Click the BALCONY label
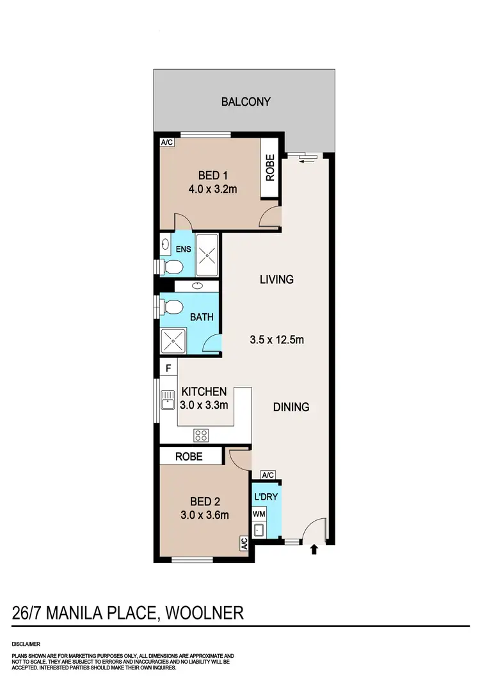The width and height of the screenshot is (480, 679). point(246,101)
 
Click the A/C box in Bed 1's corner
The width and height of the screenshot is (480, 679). point(167,142)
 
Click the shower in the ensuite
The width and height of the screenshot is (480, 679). point(207,255)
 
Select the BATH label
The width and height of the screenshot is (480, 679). point(202,316)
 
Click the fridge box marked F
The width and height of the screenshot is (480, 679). point(168,368)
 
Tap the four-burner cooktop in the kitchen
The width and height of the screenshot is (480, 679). point(201,436)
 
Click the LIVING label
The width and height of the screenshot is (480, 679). point(276,279)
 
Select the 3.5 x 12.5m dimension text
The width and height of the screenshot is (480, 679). point(276,339)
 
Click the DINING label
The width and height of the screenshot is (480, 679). point(291,407)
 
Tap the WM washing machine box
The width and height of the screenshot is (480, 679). point(259,514)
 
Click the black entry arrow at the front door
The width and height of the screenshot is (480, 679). point(314,549)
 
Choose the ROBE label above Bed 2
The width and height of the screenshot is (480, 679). point(189,457)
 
